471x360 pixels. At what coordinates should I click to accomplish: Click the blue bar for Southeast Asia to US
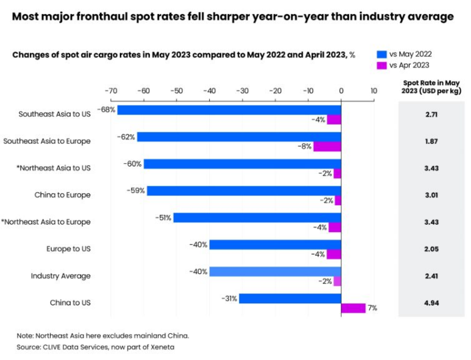[229, 110]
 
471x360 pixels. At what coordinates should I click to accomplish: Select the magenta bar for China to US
[353, 308]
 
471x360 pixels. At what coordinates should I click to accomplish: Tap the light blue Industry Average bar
[275, 271]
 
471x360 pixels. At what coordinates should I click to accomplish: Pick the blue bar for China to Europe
[244, 191]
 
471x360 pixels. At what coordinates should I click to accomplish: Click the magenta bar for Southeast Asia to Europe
[327, 147]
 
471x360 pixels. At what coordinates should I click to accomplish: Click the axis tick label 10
[373, 91]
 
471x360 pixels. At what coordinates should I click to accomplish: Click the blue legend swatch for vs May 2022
[382, 53]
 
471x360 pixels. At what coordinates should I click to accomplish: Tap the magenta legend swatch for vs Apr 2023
[382, 65]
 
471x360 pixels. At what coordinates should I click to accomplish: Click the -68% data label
[107, 110]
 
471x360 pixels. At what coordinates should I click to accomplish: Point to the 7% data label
[372, 308]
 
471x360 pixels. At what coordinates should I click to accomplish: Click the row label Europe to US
[68, 249]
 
